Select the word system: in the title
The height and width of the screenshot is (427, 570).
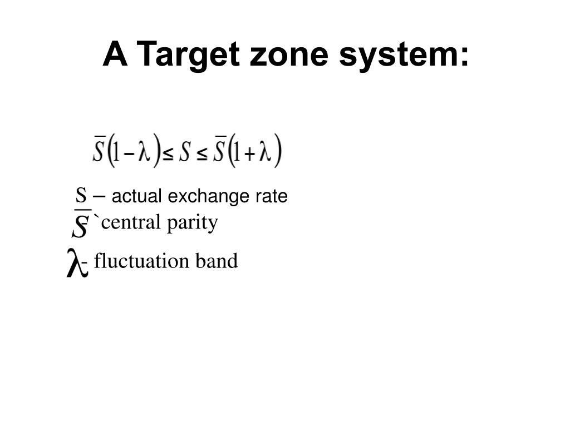(405, 55)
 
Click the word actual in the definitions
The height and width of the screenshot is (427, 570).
(137, 196)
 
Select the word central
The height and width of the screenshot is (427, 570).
(131, 222)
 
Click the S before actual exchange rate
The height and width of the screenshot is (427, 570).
(81, 196)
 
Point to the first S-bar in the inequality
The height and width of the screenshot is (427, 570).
(99, 150)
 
